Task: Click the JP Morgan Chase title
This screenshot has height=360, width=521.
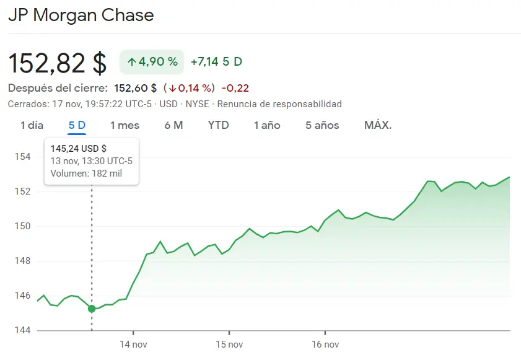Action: (x=81, y=15)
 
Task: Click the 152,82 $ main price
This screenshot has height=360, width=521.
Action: (x=57, y=63)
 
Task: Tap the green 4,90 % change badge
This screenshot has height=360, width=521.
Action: (x=152, y=62)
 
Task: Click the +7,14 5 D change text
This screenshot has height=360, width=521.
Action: (x=216, y=62)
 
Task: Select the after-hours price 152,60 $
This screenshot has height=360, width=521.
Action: (x=136, y=88)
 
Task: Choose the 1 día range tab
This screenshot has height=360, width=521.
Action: (x=32, y=125)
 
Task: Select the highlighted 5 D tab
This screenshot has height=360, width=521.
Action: (x=77, y=125)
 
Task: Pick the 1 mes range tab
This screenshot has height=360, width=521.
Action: (x=125, y=125)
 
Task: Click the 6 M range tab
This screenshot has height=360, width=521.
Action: (x=173, y=125)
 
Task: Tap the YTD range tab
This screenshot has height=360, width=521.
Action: (x=218, y=125)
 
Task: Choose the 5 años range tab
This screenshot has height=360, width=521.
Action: (x=322, y=125)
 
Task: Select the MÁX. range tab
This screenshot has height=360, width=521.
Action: (x=378, y=125)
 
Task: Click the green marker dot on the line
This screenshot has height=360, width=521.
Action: (x=92, y=309)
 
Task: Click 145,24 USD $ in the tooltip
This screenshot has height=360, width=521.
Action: (x=78, y=148)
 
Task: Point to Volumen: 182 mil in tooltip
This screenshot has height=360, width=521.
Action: (x=86, y=173)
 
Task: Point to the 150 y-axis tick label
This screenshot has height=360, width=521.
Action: (x=22, y=226)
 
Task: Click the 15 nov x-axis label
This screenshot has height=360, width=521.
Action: (x=229, y=344)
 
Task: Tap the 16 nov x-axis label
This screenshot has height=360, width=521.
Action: (x=325, y=344)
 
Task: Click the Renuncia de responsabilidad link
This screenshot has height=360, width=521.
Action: (x=279, y=104)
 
